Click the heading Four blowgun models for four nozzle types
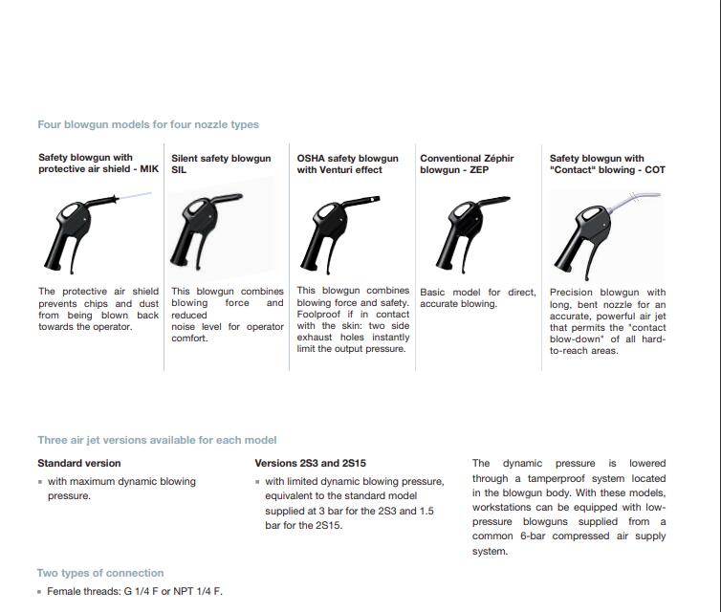[x=148, y=124]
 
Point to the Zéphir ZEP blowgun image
[x=464, y=229]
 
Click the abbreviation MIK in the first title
[x=149, y=169]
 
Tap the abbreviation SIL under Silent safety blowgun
[x=179, y=170]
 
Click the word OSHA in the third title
[x=311, y=158]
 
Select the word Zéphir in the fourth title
[x=493, y=158]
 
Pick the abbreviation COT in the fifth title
[x=654, y=170]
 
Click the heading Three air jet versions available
[x=157, y=440]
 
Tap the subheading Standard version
[x=78, y=463]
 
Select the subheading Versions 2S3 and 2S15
[x=317, y=463]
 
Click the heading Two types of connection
[x=100, y=573]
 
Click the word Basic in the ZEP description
[x=435, y=292]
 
